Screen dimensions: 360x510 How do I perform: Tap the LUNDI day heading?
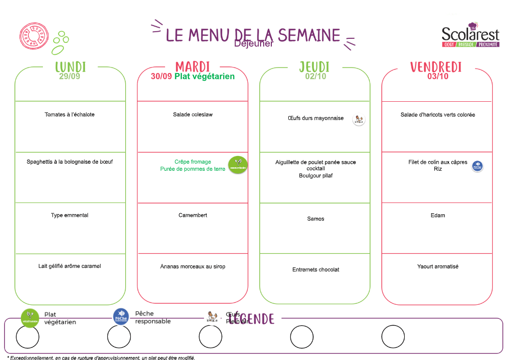coord(71,67)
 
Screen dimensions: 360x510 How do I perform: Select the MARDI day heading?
coord(193,67)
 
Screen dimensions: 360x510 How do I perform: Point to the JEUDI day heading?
coord(314,67)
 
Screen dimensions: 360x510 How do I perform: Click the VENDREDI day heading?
coord(436,67)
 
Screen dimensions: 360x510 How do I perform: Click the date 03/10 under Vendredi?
coord(438,77)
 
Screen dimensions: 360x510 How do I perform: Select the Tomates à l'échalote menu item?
coord(69,115)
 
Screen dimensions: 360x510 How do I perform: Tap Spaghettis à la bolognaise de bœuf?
coord(69,162)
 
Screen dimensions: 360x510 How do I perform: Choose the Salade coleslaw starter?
coord(193,115)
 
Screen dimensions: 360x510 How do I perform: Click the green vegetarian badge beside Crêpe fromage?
coord(238,165)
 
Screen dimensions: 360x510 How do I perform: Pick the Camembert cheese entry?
coord(193,215)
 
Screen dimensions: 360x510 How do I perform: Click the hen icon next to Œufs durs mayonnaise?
coord(359,120)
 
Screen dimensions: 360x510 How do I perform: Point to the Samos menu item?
coord(316,219)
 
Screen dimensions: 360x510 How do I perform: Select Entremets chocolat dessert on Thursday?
coord(316,269)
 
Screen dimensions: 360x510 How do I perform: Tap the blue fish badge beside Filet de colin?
coord(477,166)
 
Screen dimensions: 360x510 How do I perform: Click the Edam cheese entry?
coord(438,215)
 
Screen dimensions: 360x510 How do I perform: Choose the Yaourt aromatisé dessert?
coord(438,266)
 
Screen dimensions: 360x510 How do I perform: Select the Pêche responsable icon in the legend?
coord(121,316)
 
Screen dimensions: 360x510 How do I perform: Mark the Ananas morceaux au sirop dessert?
coord(193,266)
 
